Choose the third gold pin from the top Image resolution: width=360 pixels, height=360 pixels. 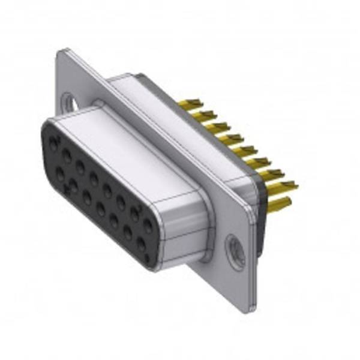(217, 127)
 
